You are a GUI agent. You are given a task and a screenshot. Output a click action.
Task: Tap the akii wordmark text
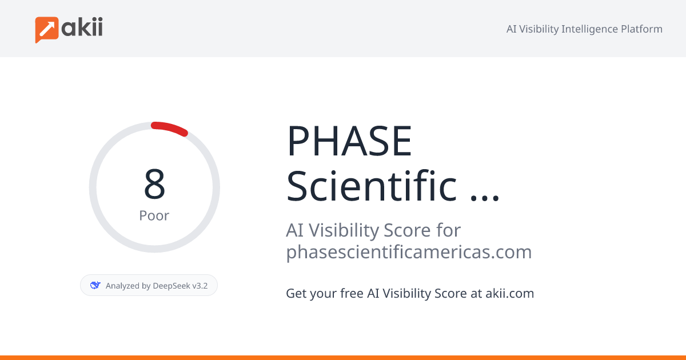click(82, 27)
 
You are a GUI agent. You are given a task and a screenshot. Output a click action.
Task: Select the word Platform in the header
click(641, 29)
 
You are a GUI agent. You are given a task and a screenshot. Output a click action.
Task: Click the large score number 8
click(154, 185)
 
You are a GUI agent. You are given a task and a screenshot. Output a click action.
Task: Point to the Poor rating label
click(154, 216)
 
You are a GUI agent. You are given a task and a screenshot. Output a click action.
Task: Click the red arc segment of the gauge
click(170, 128)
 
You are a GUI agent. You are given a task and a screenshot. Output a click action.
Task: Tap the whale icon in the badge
click(95, 285)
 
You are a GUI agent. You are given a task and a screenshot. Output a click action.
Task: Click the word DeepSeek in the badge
click(171, 286)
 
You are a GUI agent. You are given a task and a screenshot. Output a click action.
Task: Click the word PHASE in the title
click(349, 141)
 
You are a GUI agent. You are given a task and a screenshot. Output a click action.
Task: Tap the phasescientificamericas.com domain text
click(409, 251)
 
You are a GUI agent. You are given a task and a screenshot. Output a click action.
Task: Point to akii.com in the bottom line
click(509, 294)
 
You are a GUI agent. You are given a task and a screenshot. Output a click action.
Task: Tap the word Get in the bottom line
click(295, 294)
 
